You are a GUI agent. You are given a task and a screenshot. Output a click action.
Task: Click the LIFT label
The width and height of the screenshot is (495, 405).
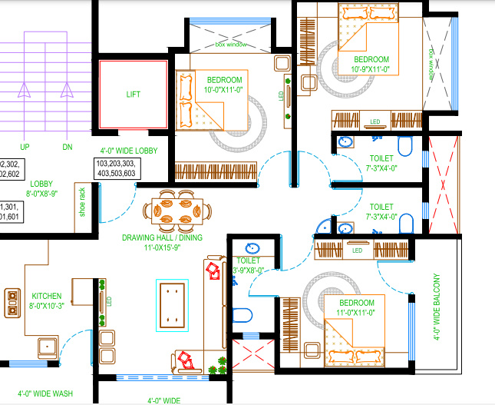click(134, 95)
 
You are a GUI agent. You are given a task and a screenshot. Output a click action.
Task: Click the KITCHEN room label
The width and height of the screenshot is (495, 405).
click(46, 296)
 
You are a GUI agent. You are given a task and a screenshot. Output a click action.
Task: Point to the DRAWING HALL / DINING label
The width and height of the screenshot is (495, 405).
click(162, 238)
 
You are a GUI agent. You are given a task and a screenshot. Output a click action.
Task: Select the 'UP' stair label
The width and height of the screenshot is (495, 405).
click(25, 147)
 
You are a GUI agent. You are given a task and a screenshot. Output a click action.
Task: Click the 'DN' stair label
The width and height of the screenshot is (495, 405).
click(68, 147)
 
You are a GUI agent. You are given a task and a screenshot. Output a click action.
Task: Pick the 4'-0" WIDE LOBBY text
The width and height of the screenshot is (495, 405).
click(128, 151)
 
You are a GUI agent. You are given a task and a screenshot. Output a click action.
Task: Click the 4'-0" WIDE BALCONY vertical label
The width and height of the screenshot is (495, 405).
click(437, 307)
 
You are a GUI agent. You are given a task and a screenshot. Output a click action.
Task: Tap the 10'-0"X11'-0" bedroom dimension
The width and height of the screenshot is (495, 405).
click(224, 90)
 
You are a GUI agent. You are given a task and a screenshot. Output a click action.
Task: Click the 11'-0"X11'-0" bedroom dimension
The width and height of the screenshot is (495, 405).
click(355, 313)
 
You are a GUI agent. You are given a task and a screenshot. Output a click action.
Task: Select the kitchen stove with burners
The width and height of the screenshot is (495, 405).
click(13, 303)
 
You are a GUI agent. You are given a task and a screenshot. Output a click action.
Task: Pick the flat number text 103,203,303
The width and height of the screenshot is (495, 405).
click(116, 164)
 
